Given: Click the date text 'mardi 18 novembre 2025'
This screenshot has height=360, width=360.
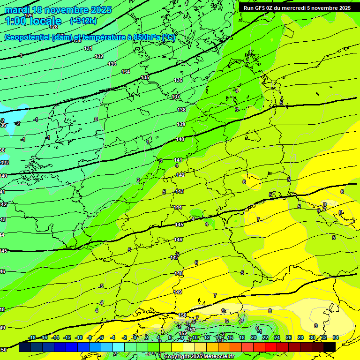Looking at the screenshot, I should click(58, 10).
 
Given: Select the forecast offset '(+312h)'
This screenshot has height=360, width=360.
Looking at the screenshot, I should click(83, 21).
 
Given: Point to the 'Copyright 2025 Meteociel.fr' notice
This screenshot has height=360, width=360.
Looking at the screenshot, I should click(199, 357).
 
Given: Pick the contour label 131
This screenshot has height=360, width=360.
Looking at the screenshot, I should click(88, 48).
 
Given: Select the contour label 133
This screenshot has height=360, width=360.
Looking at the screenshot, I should click(112, 64).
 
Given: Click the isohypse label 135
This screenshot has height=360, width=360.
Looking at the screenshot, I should click(145, 77).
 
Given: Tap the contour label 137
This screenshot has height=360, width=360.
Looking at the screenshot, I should click(176, 97).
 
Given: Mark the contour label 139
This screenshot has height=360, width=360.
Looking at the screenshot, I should click(181, 124).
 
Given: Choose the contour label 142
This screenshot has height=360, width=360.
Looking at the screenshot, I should click(180, 175).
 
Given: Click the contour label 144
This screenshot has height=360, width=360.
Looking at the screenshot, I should click(178, 207).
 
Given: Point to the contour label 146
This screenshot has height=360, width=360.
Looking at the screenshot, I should click(178, 240).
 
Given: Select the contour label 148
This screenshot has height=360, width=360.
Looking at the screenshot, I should click(179, 273).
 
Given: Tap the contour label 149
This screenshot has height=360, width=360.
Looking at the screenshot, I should click(178, 292).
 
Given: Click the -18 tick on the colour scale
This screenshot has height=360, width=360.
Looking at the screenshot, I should click(32, 337).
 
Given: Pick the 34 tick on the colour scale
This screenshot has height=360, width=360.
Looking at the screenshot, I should click(335, 337).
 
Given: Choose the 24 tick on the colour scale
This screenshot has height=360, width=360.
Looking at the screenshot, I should click(277, 337).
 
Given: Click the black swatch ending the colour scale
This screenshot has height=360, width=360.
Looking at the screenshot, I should click(330, 347).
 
